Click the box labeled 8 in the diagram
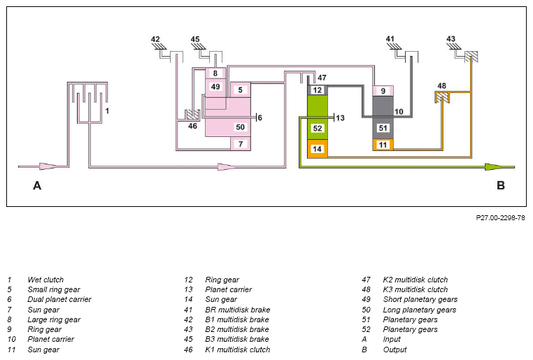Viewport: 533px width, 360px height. point(215,73)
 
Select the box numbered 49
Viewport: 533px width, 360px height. point(215,87)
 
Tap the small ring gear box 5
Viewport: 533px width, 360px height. point(241,89)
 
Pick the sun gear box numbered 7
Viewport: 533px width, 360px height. point(241,144)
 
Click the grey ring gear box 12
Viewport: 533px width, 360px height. point(318,90)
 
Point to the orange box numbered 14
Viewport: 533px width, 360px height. point(318,149)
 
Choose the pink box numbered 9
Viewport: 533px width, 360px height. point(383,91)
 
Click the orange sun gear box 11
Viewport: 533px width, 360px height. point(383,145)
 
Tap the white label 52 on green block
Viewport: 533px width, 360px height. point(318,129)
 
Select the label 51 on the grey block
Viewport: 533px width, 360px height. point(383,128)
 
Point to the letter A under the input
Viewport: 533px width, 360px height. point(37,185)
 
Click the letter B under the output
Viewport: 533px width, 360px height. point(501,185)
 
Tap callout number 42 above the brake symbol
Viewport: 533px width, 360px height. point(155,39)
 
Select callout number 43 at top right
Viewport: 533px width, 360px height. point(450,38)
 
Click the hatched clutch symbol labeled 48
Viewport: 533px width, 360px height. point(442,98)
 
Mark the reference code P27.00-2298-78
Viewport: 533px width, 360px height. point(500,217)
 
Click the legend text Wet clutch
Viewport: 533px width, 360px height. point(45,280)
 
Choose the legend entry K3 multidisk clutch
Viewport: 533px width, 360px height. point(415,289)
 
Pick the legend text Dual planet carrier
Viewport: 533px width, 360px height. point(59,300)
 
